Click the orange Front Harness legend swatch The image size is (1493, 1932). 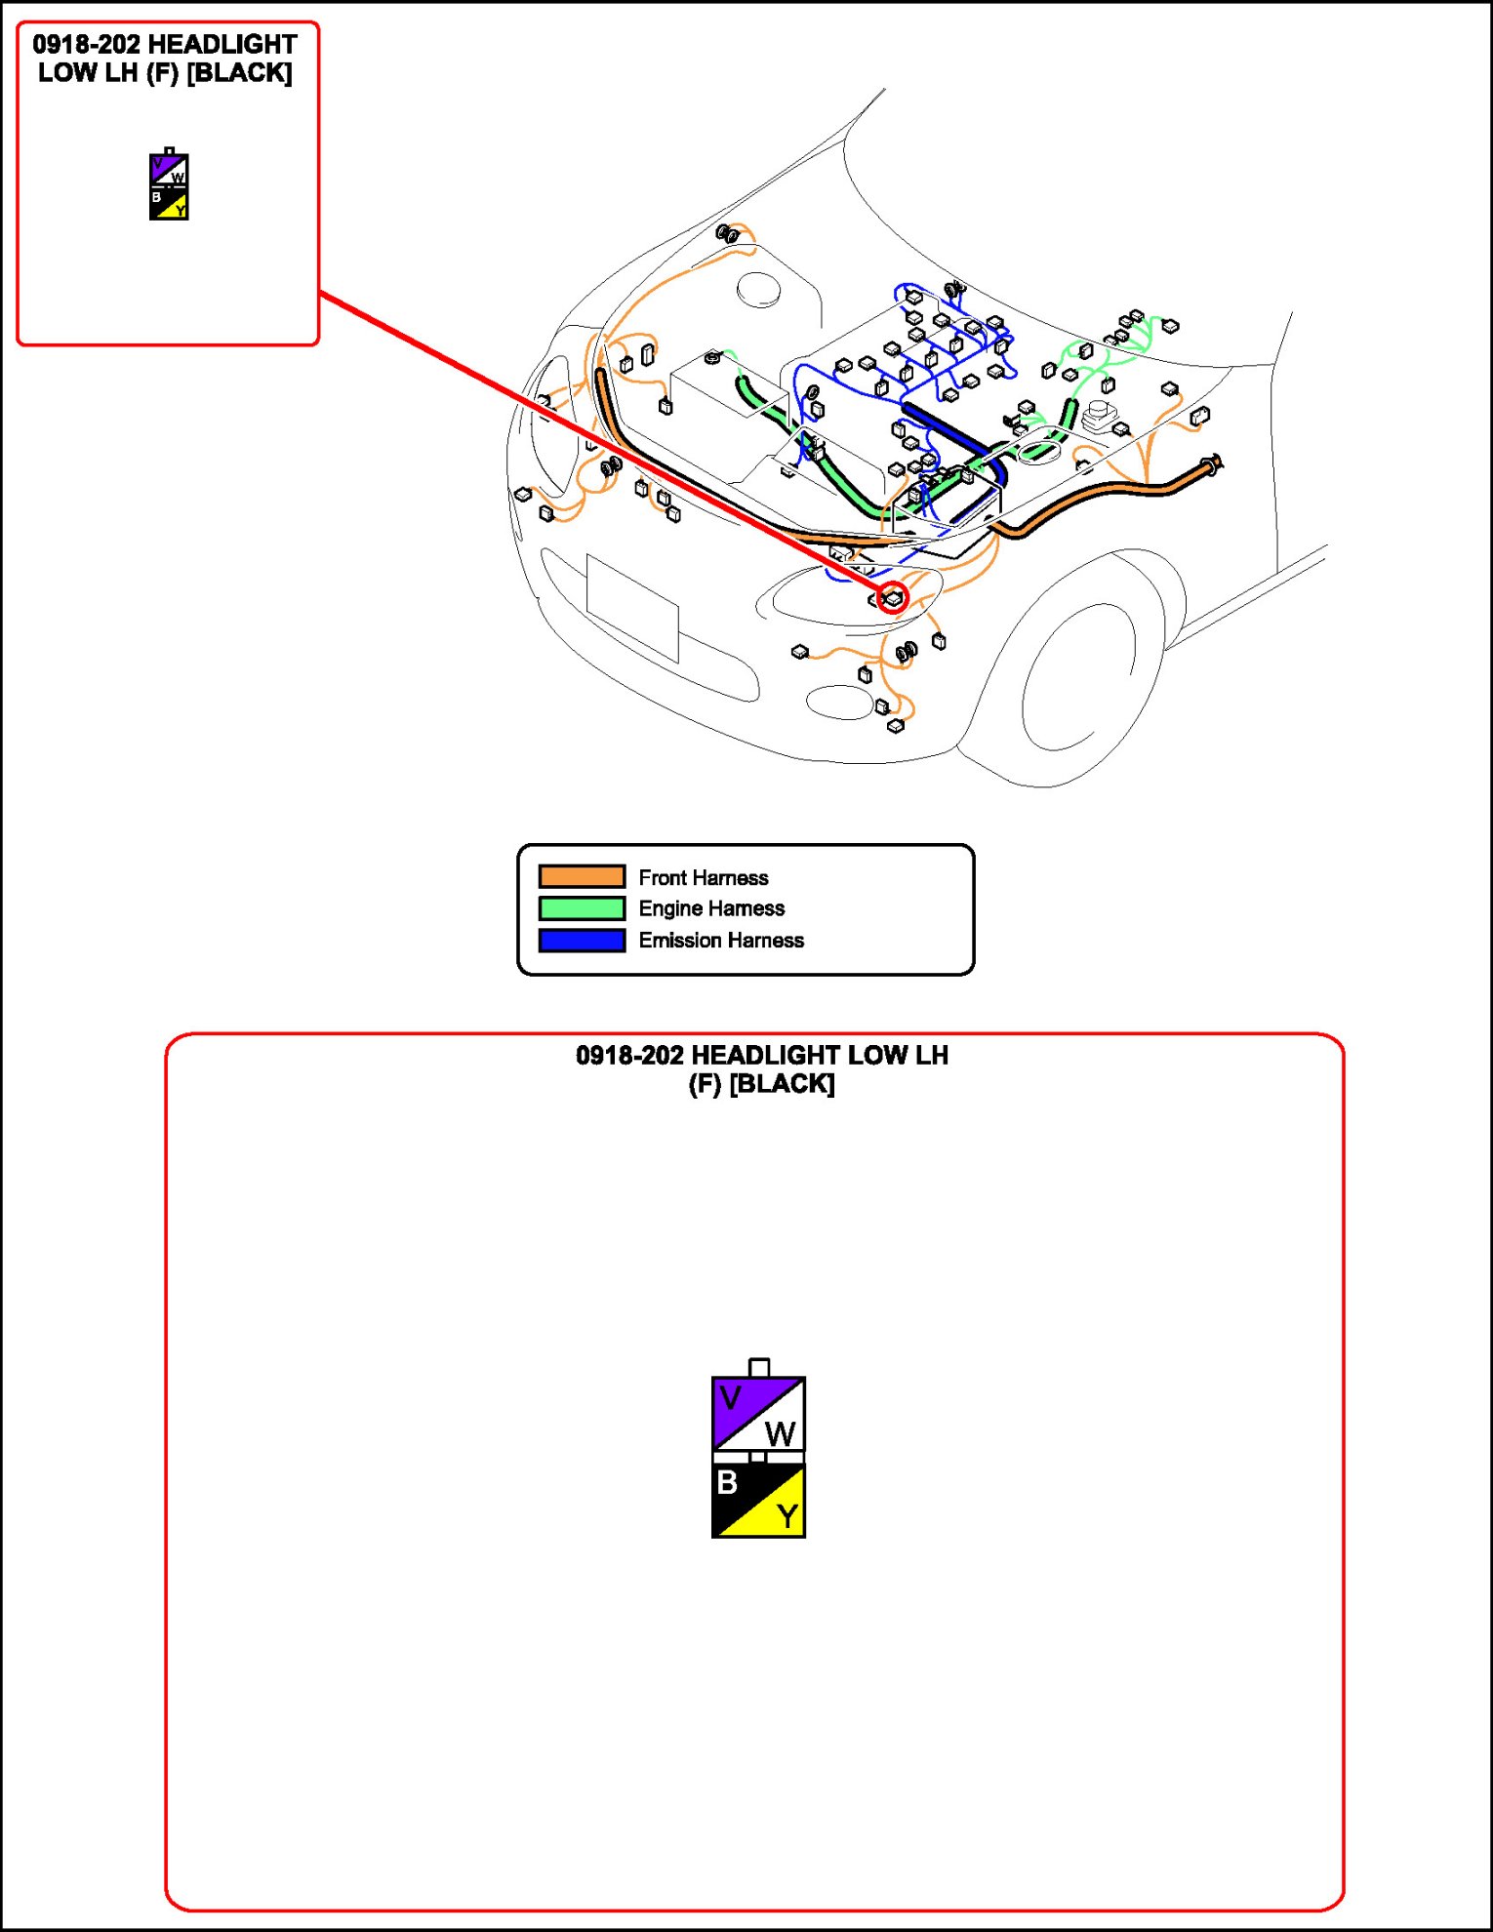coord(582,876)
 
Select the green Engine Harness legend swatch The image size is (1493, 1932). coord(582,908)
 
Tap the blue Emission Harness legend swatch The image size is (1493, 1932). coord(582,941)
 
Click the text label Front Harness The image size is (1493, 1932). coord(703,877)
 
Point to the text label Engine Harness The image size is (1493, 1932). coord(711,908)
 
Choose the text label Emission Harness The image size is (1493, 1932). coord(721,941)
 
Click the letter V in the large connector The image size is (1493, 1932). coord(730,1398)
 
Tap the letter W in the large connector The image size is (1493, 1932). coord(781,1434)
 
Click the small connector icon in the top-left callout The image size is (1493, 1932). coord(169,185)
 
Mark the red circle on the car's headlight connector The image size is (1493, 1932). coord(892,598)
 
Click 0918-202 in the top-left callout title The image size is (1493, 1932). coord(86,45)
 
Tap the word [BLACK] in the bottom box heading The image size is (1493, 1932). coord(782,1084)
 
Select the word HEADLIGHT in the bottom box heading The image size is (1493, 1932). coord(765,1056)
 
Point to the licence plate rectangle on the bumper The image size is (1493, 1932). coord(632,607)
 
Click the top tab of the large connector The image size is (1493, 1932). coord(759,1368)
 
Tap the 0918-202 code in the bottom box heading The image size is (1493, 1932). coord(629,1056)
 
